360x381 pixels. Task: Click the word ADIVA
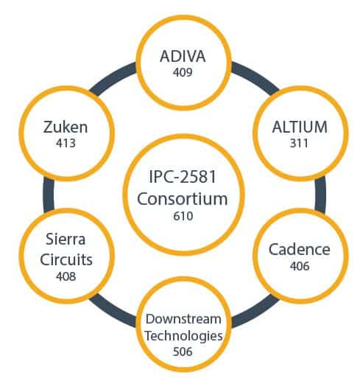pos(183,56)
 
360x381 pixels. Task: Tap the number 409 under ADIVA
pos(183,72)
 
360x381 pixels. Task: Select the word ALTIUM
pos(300,127)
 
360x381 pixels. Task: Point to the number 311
pos(299,143)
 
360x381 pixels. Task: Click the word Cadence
pos(300,249)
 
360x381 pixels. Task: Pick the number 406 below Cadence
pos(300,266)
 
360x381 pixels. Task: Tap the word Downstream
pos(183,319)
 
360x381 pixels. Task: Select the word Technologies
pos(184,336)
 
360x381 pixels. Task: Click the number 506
pos(183,352)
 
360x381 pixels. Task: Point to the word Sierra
pos(66,239)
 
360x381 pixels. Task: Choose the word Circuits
pos(66,259)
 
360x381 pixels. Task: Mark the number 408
pos(66,276)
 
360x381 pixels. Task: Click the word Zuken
pos(66,127)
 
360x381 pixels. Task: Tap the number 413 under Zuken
pos(66,143)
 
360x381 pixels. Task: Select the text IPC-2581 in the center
pos(183,176)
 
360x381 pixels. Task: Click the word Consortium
pos(183,199)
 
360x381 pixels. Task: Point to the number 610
pos(183,216)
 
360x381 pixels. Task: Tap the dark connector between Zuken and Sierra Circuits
pos(49,195)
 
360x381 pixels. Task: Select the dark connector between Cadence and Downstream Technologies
pos(256,312)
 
